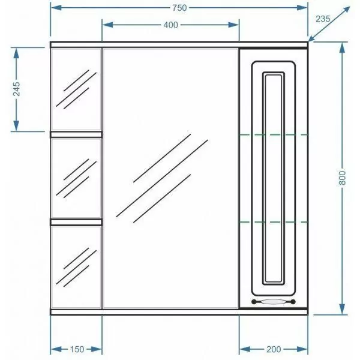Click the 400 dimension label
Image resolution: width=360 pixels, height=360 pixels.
(170, 25)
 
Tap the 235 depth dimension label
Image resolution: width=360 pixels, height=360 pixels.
(323, 19)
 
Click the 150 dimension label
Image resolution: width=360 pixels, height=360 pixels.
(76, 349)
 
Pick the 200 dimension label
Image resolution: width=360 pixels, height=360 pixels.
(273, 349)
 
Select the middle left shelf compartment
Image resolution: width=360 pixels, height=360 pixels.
(76, 177)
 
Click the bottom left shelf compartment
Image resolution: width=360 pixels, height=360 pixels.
(76, 267)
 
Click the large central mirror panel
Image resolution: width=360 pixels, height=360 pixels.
(170, 177)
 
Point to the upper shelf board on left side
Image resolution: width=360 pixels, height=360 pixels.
(76, 134)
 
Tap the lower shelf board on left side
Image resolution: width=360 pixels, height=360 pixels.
(76, 221)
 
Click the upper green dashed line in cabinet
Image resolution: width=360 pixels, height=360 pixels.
(273, 134)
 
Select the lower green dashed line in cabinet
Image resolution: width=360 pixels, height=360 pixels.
(273, 222)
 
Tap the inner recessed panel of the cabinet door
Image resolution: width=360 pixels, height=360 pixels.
(273, 177)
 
